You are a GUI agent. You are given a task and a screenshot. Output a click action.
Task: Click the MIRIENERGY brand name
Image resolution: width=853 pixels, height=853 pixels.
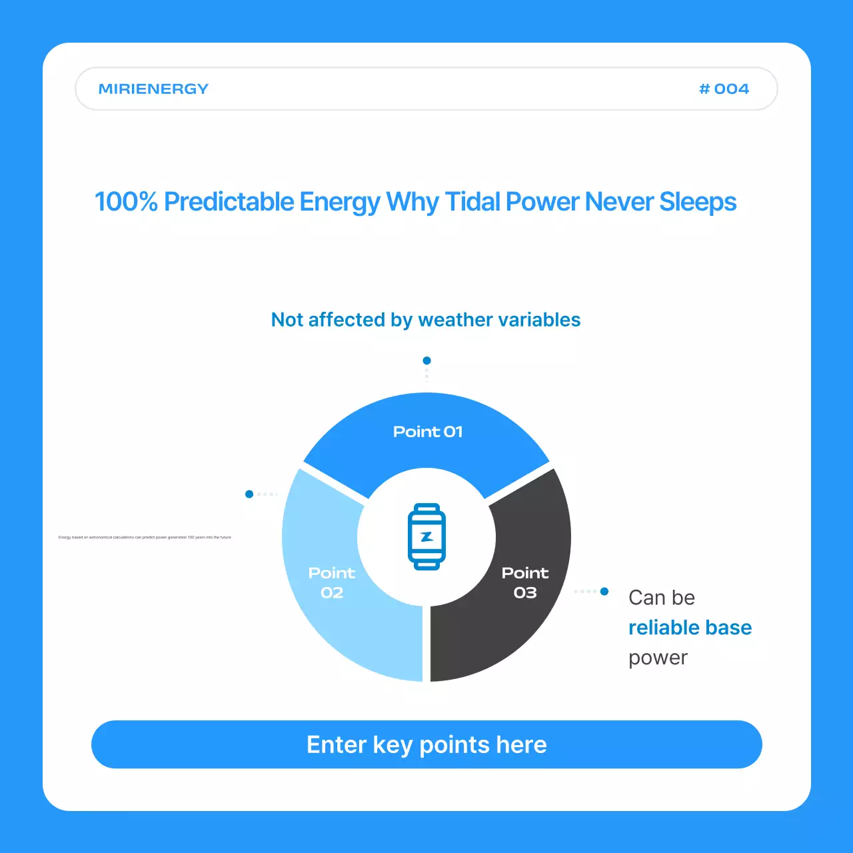153,89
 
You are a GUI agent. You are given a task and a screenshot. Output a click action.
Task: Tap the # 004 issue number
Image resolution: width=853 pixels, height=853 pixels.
724,89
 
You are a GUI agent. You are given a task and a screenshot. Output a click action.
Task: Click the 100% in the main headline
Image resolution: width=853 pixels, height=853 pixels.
126,202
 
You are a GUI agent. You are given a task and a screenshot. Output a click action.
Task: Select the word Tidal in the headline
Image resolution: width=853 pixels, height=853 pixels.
472,202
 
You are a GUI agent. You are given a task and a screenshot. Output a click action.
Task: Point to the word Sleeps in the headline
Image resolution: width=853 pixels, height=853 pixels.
698,202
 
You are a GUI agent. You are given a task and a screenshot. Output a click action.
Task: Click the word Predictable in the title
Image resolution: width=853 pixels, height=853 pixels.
229,202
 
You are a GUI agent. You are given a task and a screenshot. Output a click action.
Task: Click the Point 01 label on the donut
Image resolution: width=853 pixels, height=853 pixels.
428,432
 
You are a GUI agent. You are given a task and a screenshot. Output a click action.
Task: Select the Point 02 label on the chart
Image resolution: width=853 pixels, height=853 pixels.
332,582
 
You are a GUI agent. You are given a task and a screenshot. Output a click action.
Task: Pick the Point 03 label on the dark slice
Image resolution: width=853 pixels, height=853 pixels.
525,582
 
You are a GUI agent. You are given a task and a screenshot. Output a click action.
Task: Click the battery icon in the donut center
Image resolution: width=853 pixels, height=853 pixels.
426,536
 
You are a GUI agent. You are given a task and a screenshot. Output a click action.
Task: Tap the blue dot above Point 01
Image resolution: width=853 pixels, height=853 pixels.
426,361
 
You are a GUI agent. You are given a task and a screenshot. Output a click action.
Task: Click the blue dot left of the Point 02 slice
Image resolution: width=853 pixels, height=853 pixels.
249,494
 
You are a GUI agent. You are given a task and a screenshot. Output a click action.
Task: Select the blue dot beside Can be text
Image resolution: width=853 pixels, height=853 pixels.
604,591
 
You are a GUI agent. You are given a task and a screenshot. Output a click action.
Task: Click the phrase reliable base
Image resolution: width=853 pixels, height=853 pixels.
690,628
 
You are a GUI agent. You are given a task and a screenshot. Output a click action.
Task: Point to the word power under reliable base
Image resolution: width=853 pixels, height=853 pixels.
658,658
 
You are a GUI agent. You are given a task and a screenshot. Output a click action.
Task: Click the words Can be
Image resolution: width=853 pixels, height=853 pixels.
662,598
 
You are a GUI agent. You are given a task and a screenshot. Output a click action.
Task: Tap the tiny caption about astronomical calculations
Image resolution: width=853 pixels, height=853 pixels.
145,537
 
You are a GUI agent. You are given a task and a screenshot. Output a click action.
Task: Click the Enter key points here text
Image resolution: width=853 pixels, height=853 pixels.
426,744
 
